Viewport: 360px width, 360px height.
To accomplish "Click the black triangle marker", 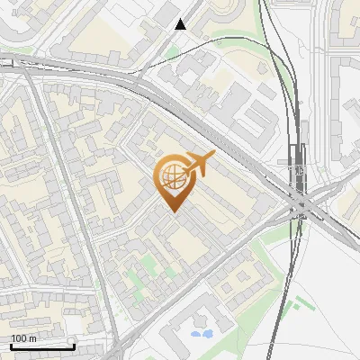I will [x=182, y=24].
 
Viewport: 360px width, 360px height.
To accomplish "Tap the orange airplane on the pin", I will [x=198, y=164].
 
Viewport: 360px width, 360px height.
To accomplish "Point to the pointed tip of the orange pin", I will [x=174, y=211].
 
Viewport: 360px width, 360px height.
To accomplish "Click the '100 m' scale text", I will [x=23, y=338].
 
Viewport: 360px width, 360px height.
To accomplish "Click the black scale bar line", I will [x=42, y=346].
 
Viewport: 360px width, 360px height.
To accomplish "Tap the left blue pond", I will [x=196, y=335].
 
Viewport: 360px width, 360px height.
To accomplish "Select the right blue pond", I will [x=207, y=333].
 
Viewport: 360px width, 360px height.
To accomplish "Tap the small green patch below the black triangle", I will [x=172, y=53].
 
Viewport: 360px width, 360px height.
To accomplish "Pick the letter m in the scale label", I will [x=32, y=338].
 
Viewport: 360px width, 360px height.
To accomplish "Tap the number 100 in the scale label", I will [x=19, y=338].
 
